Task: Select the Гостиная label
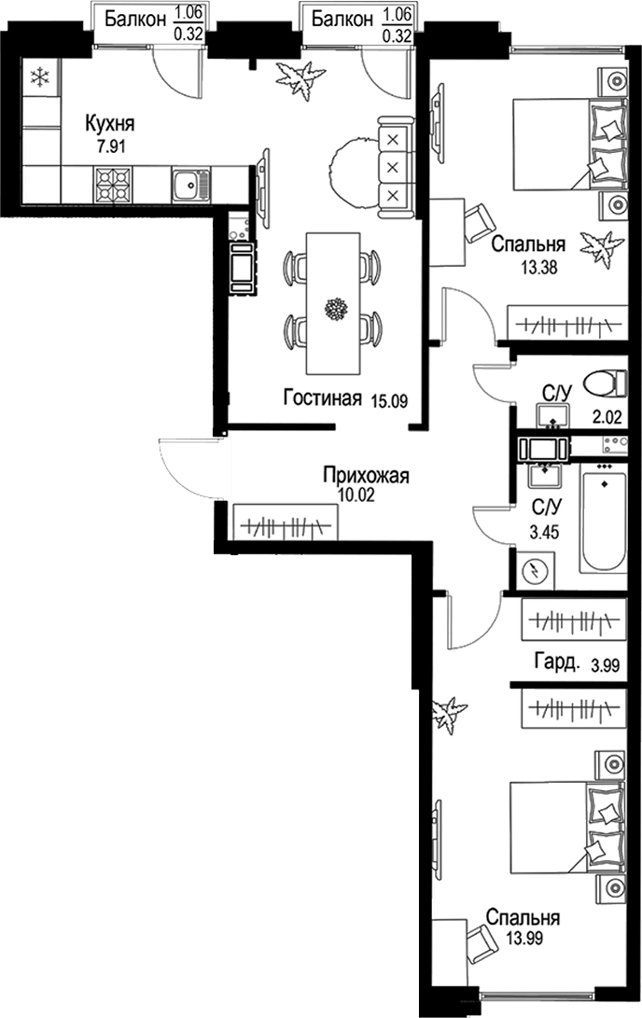(x=322, y=399)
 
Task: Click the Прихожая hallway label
(x=366, y=476)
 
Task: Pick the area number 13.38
(x=541, y=264)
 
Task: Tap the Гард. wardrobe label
(x=554, y=663)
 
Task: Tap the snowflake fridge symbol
(x=39, y=78)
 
